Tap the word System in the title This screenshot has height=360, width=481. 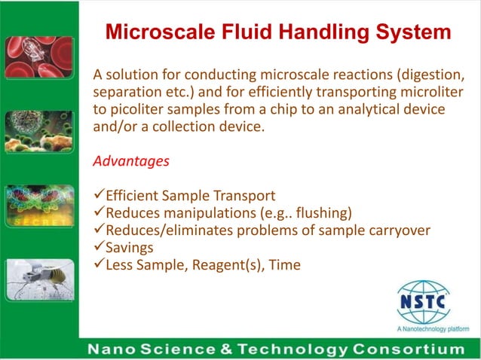[408, 32]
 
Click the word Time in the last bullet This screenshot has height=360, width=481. [284, 264]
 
